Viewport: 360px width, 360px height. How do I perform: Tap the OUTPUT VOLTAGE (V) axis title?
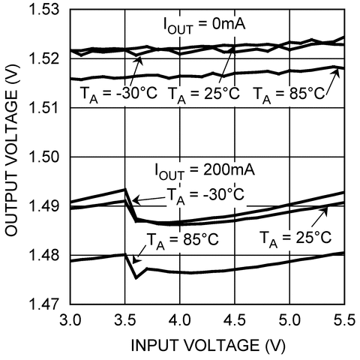tap(13, 157)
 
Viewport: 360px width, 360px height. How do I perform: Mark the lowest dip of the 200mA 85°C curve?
tap(136, 277)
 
